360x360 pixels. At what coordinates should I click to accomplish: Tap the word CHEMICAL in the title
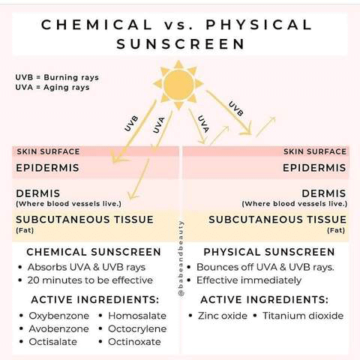point(97,25)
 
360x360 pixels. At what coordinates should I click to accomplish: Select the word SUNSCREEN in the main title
point(181,44)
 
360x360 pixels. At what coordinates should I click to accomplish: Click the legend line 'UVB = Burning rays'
point(57,77)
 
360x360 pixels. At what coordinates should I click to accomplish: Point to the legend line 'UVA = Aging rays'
point(52,88)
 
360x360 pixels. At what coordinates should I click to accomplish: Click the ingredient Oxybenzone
point(59,316)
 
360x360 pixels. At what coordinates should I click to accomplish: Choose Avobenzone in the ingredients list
point(58,328)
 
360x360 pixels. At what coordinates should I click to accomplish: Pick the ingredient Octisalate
point(53,342)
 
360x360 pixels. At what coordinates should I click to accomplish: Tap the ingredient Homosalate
point(137,316)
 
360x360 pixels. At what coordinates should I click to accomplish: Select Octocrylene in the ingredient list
point(137,329)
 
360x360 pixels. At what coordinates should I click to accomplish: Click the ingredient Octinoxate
point(134,342)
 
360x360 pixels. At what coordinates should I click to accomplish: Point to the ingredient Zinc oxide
point(223,316)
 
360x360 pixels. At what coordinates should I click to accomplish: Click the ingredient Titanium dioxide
point(303,316)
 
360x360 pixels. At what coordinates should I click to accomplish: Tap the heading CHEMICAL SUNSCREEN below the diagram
point(94,252)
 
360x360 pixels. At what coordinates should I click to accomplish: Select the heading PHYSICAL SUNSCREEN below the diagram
point(269,252)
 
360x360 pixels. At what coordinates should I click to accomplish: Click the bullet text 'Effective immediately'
point(249,280)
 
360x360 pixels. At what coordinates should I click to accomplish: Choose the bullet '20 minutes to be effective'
point(90,280)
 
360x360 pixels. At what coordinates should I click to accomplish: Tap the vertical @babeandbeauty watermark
point(181,259)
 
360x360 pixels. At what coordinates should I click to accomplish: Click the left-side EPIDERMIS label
point(47,168)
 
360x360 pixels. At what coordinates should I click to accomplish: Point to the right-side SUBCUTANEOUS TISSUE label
point(277,220)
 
